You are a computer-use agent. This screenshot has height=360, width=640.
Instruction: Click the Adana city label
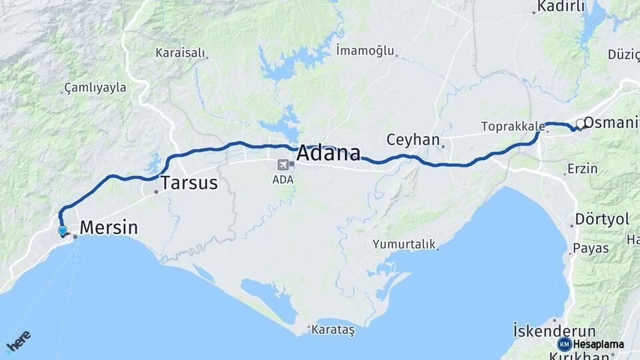(x=328, y=153)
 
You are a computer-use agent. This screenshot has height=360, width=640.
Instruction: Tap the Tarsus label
(x=189, y=183)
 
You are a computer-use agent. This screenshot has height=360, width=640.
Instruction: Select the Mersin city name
(x=109, y=228)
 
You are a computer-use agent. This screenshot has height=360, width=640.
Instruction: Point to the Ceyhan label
(x=413, y=140)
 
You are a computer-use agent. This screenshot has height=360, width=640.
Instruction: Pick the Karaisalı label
(x=179, y=52)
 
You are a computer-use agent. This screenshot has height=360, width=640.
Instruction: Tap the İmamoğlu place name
(x=365, y=50)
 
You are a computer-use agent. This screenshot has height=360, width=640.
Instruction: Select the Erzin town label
(x=582, y=168)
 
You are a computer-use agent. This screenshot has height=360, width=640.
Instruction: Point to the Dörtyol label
(x=603, y=219)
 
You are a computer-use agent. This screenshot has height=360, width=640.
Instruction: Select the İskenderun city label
(x=554, y=331)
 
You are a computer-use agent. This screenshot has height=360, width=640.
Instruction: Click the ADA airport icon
(x=283, y=164)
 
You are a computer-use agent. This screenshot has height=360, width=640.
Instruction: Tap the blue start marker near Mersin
(x=63, y=231)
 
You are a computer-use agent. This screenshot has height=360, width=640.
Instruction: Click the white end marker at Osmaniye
(x=581, y=123)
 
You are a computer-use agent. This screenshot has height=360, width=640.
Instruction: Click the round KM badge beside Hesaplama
(x=565, y=344)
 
